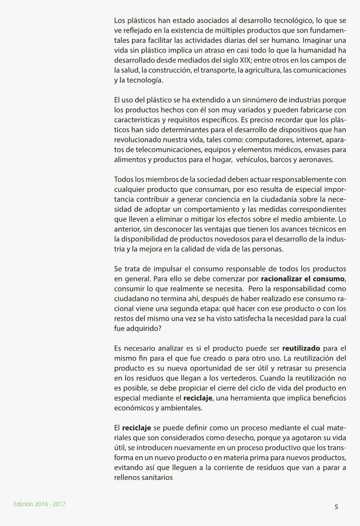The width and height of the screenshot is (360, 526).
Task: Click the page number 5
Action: click(336, 507)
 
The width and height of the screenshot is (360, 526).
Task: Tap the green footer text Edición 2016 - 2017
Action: click(39, 504)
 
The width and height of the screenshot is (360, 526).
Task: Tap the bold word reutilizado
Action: click(301, 348)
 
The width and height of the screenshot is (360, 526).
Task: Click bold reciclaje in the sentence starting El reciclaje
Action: click(136, 428)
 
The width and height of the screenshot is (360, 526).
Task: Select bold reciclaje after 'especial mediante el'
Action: click(198, 397)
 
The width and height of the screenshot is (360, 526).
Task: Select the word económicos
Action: click(130, 407)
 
